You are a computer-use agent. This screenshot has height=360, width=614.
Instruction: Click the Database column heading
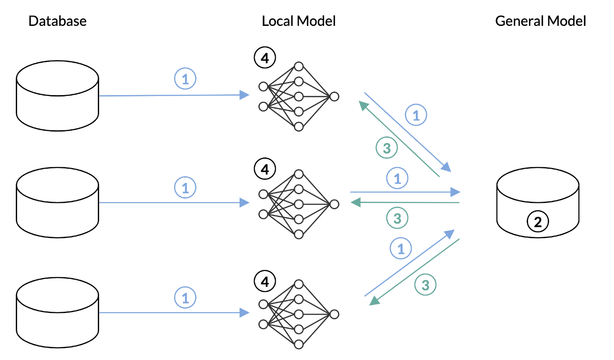57,21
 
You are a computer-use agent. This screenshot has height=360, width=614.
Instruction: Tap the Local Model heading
299,21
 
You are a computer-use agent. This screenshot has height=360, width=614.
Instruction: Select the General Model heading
540,21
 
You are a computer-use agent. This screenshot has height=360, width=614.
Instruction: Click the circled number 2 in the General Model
538,222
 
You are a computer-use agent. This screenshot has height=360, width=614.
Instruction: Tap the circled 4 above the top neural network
264,58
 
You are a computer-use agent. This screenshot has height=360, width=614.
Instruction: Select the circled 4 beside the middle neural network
264,169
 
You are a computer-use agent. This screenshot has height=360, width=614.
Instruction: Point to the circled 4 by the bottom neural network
264,281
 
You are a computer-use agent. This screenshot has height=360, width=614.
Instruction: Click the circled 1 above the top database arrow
185,79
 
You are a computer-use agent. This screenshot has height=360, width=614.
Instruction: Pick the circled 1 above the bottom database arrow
185,298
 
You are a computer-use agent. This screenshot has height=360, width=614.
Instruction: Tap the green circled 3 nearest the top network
387,149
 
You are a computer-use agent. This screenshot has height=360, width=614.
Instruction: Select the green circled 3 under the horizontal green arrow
397,217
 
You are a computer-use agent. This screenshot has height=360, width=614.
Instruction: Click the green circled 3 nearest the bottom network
425,285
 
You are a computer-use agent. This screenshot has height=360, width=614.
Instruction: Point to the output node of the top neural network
334,96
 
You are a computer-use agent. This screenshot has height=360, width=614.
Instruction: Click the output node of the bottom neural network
334,314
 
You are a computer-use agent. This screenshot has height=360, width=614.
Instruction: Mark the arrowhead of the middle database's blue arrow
244,203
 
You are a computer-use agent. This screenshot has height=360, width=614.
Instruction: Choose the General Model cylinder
538,202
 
